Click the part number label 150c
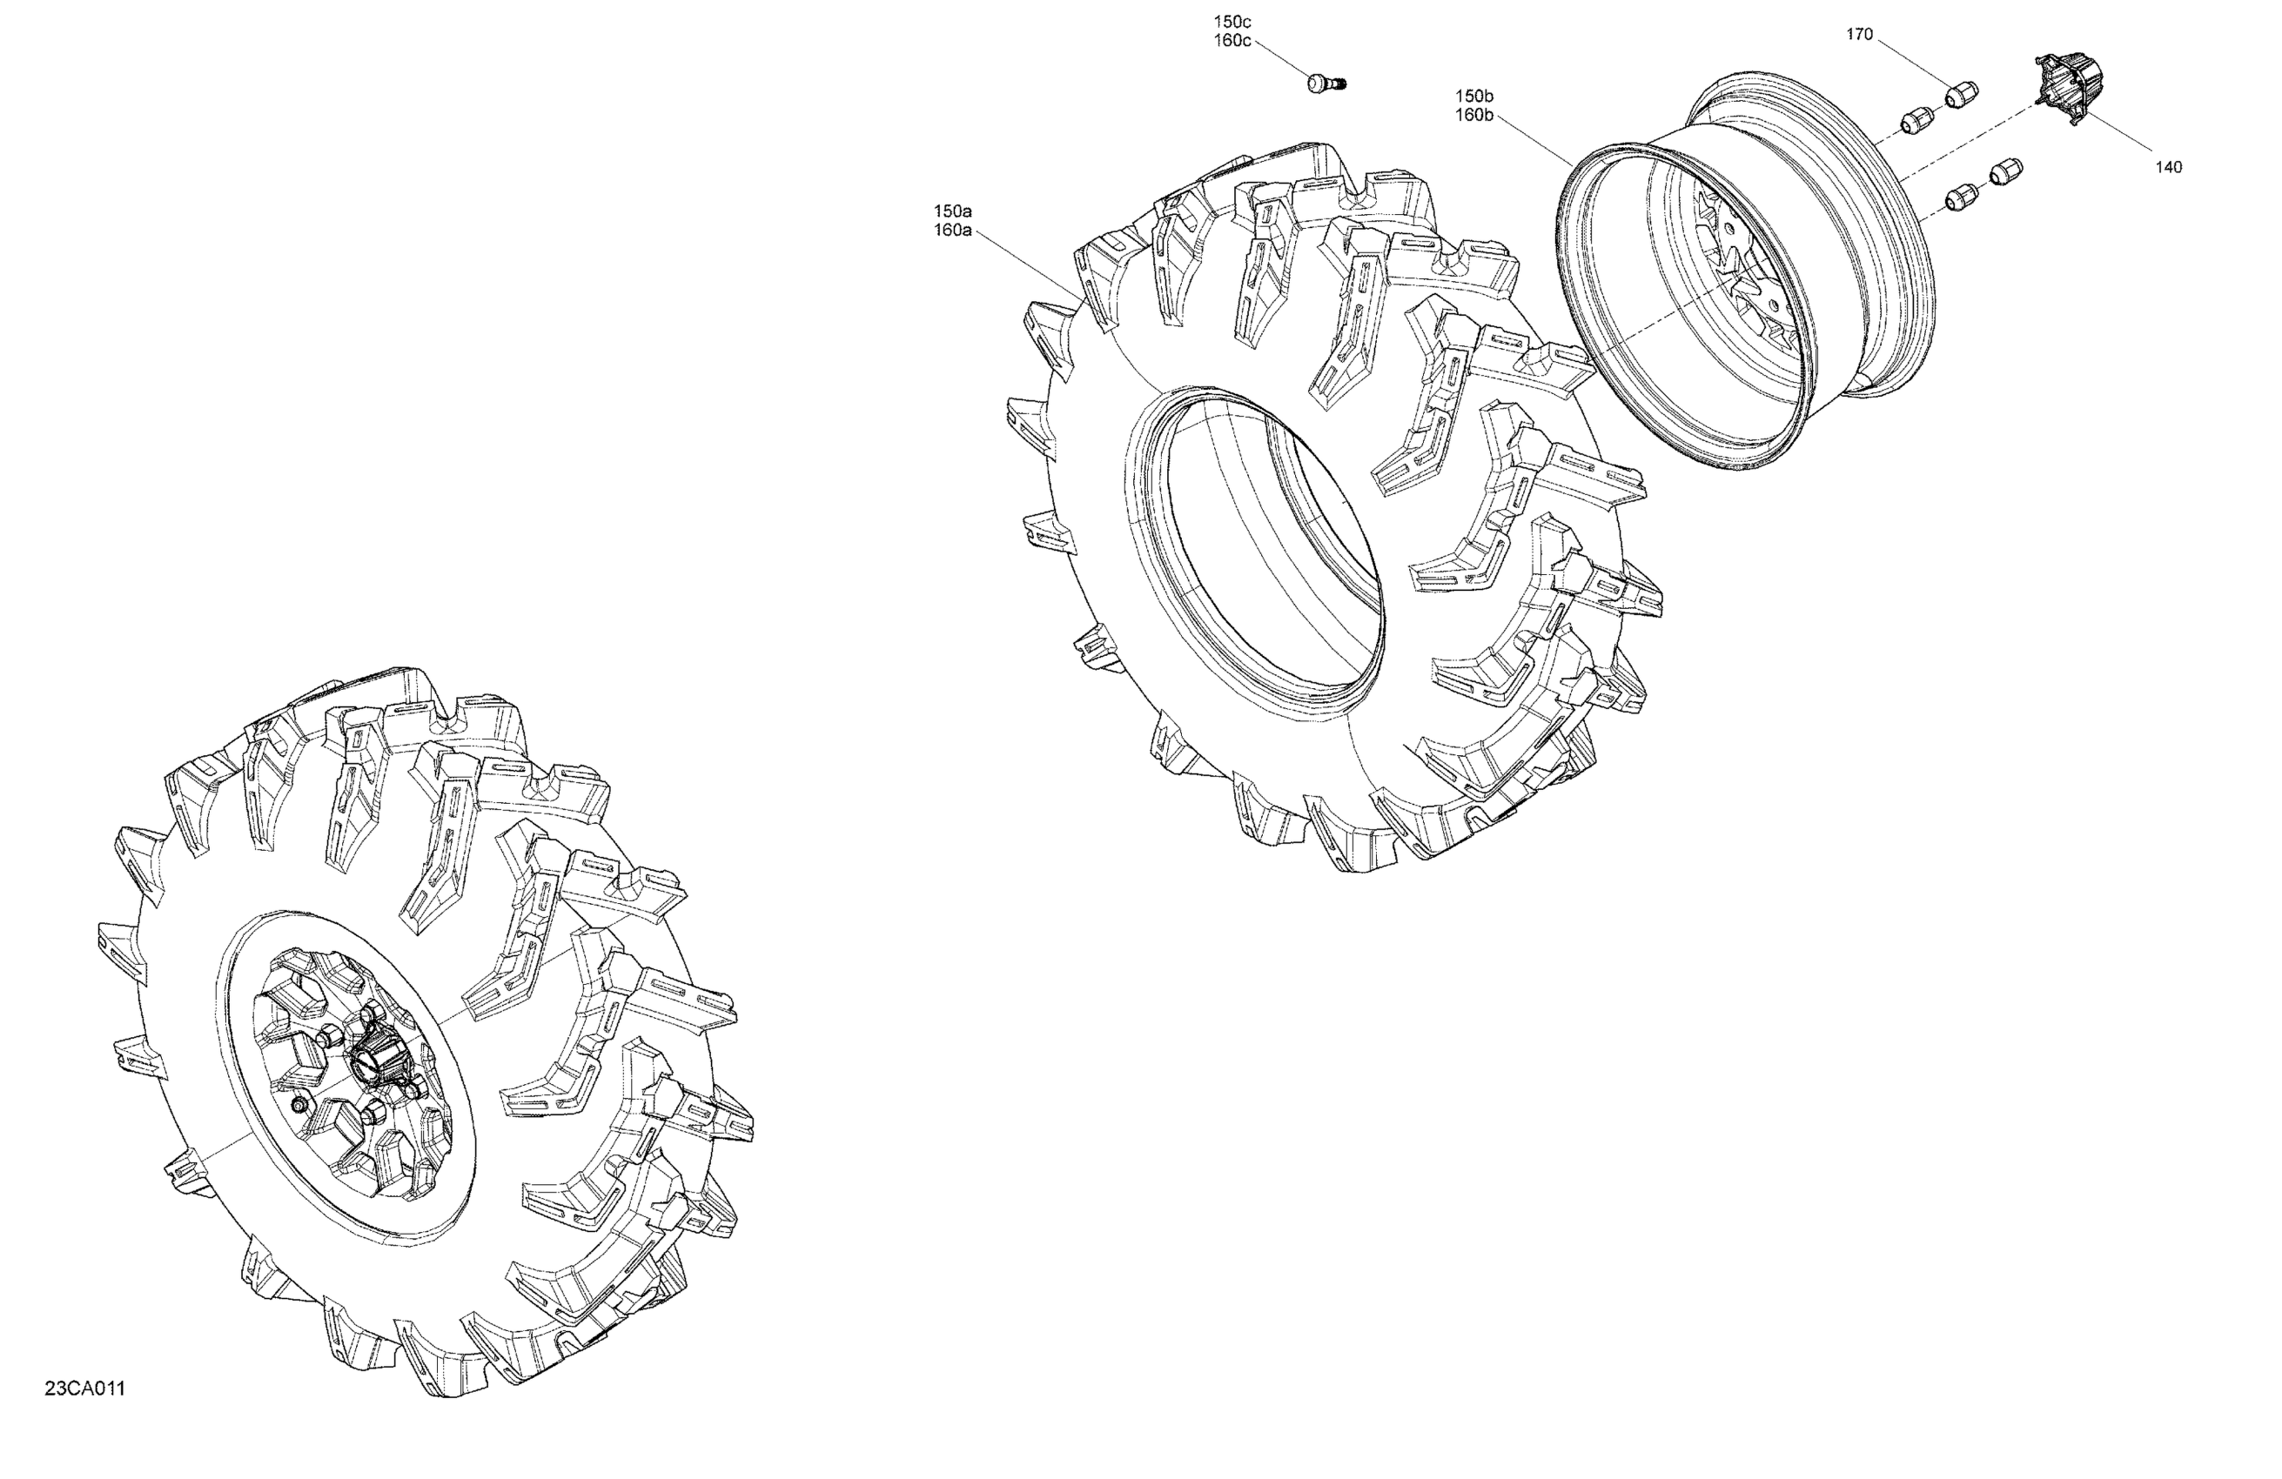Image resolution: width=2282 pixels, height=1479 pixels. coord(1232,21)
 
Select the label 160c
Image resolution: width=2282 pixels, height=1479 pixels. coord(1232,40)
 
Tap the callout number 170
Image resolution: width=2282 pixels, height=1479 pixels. coord(1859,35)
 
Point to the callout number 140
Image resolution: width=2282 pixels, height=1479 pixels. coord(2169,167)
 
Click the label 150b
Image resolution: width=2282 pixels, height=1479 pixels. coord(1474,96)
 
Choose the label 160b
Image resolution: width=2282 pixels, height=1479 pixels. coord(1474,115)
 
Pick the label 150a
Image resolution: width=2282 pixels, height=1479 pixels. coord(953,210)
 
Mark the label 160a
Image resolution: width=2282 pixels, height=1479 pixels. coord(953,230)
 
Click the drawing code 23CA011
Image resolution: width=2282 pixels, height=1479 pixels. coord(84,1389)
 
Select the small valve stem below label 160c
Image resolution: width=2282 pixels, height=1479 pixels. coord(1327,84)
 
